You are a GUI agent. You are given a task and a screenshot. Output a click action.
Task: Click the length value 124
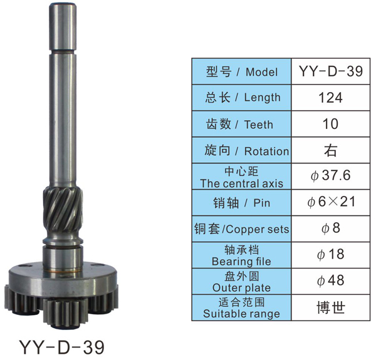click(330, 98)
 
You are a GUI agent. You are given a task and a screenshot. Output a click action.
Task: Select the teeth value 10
click(330, 124)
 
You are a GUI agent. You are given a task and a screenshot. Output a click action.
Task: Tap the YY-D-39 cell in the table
click(331, 71)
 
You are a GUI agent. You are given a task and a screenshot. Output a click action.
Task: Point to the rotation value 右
click(330, 150)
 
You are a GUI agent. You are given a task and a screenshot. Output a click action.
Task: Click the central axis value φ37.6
click(330, 176)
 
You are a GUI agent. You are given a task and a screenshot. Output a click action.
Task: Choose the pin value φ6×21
click(331, 202)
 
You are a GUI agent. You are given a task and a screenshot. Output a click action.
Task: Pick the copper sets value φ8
click(331, 228)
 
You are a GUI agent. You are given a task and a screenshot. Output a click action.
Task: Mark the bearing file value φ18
click(331, 254)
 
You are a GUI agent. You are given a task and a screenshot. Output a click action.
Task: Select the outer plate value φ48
click(331, 280)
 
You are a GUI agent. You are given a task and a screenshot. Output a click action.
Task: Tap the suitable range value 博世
click(331, 308)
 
